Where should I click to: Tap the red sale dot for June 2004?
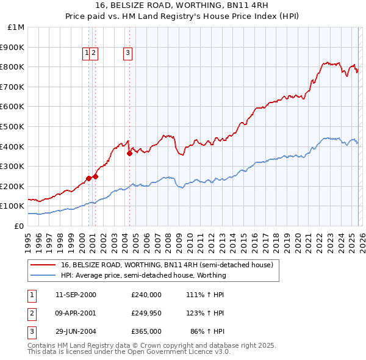[129, 154]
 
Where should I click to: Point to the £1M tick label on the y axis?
[16, 27]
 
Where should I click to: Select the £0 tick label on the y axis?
[18, 226]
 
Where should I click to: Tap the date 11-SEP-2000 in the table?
[76, 295]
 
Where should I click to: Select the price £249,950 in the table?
[146, 313]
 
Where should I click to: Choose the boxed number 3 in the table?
[31, 331]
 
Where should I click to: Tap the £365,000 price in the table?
[146, 331]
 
